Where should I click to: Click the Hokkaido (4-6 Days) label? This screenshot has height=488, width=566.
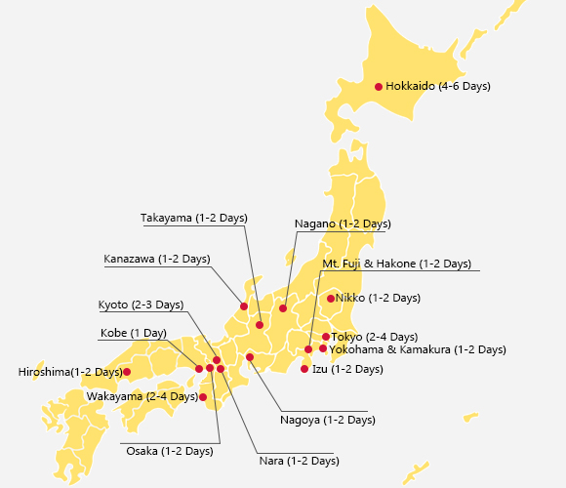pyautogui.click(x=438, y=87)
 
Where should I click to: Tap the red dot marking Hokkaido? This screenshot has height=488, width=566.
pyautogui.click(x=379, y=87)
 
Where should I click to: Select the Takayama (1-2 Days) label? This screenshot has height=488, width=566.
pyautogui.click(x=193, y=218)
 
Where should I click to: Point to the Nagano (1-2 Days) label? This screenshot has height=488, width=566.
pyautogui.click(x=343, y=224)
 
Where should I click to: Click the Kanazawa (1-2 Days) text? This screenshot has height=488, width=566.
pyautogui.click(x=157, y=260)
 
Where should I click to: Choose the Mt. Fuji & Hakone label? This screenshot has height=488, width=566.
pyautogui.click(x=396, y=264)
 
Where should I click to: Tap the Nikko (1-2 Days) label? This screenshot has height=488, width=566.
pyautogui.click(x=378, y=298)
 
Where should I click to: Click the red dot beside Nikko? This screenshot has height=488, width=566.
pyautogui.click(x=331, y=298)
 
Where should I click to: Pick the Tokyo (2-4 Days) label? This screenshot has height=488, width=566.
pyautogui.click(x=375, y=337)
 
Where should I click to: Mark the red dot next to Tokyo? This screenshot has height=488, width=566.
pyautogui.click(x=326, y=337)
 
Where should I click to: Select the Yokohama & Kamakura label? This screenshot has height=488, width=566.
pyautogui.click(x=418, y=349)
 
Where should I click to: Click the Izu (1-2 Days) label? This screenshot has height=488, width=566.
pyautogui.click(x=347, y=369)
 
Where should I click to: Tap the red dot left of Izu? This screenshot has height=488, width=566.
pyautogui.click(x=304, y=369)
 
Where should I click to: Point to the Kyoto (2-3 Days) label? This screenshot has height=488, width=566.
pyautogui.click(x=141, y=305)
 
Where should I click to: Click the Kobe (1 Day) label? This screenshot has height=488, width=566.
pyautogui.click(x=134, y=334)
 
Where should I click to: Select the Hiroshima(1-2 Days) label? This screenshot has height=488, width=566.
pyautogui.click(x=70, y=372)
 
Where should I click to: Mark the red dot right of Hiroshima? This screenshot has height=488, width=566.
pyautogui.click(x=127, y=372)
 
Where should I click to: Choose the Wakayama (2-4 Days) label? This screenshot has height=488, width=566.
pyautogui.click(x=141, y=397)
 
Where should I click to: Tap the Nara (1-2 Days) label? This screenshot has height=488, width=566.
pyautogui.click(x=299, y=461)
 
